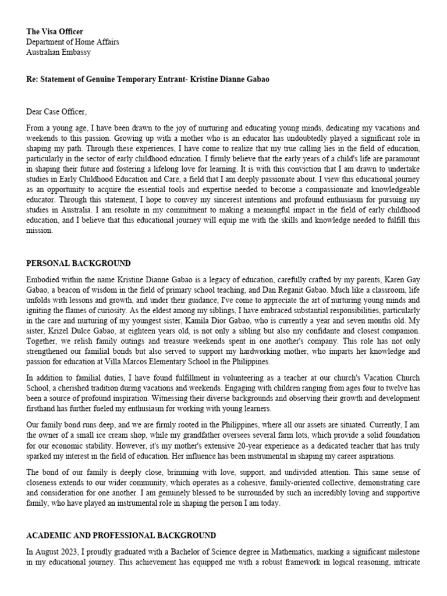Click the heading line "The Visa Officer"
[55, 31]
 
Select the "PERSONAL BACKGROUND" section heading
[79, 264]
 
